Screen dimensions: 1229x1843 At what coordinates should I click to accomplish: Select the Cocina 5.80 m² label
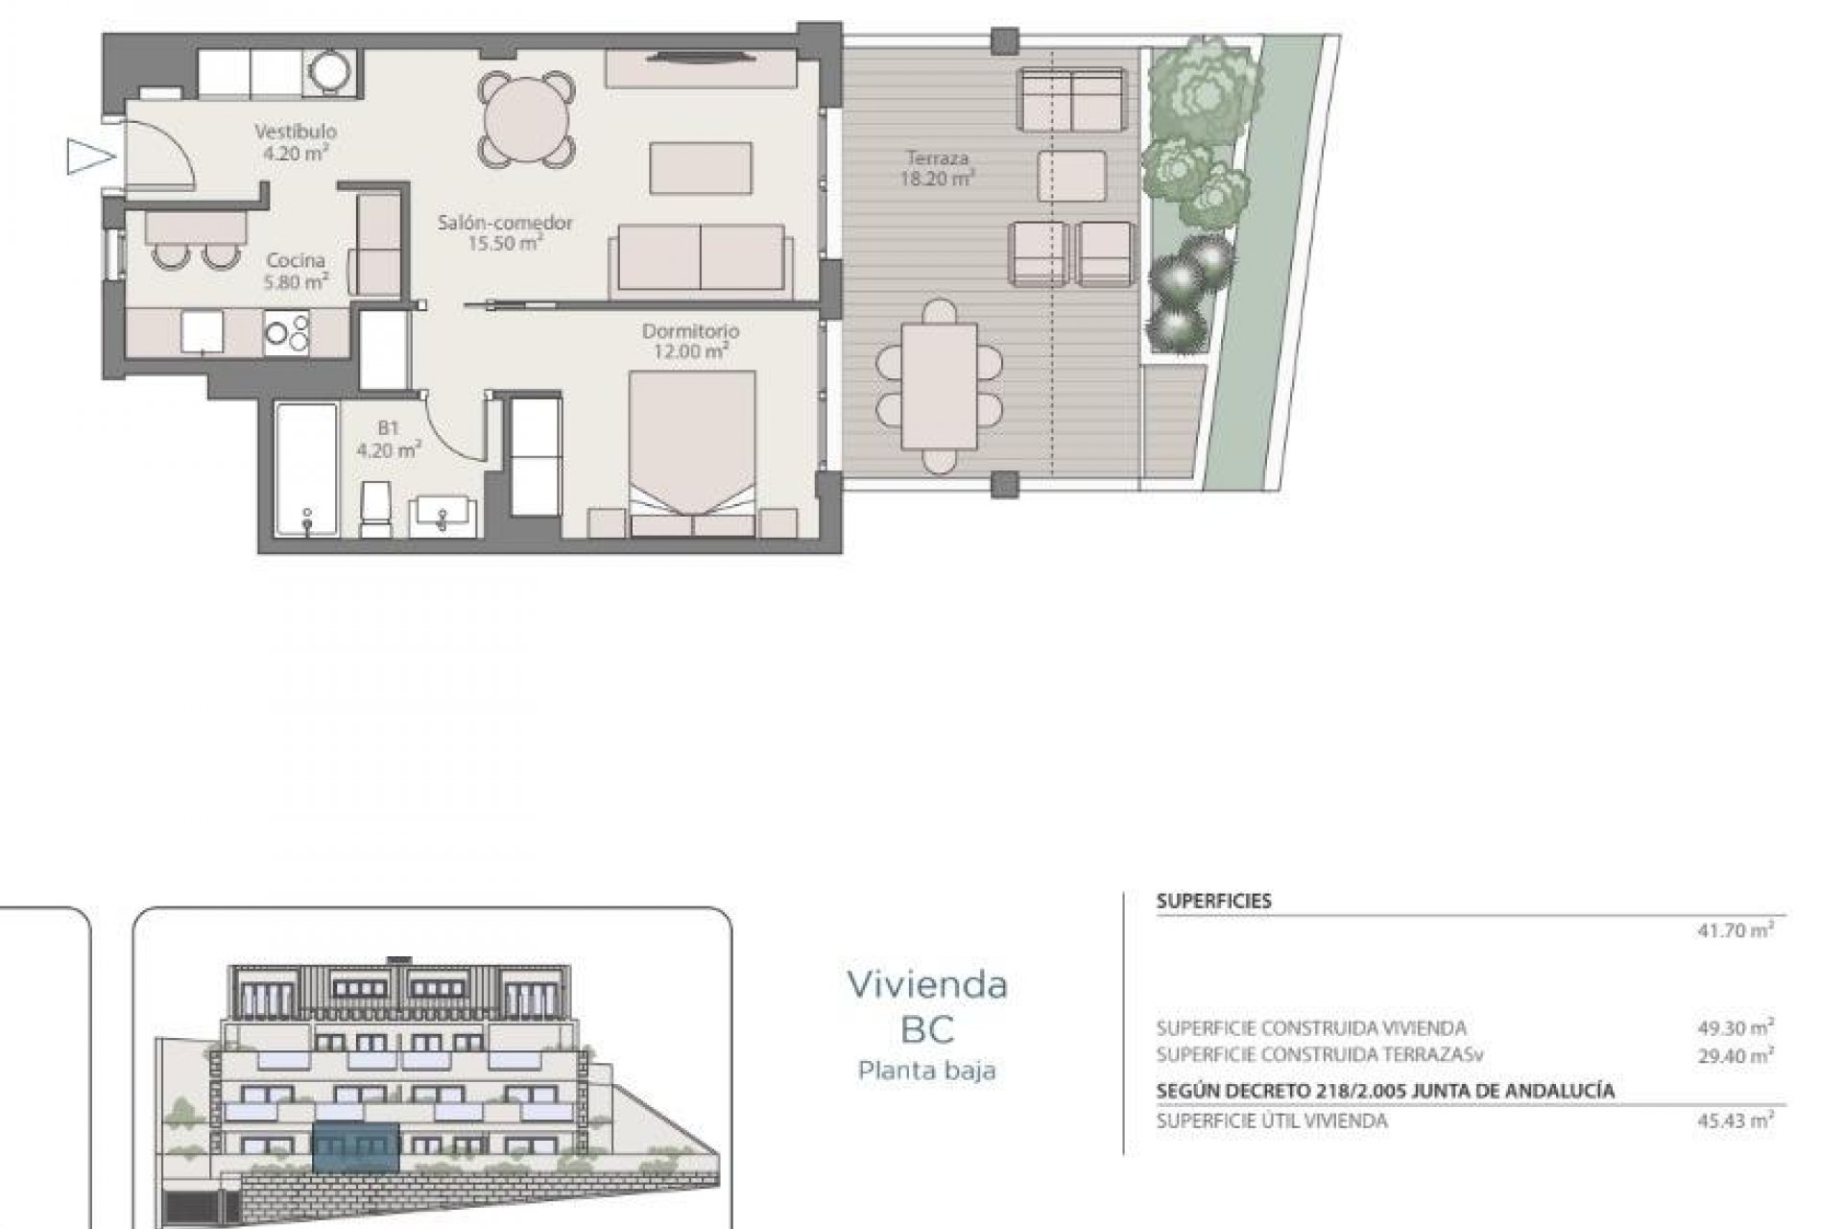click(296, 271)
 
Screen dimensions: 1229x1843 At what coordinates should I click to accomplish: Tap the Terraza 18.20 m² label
click(936, 167)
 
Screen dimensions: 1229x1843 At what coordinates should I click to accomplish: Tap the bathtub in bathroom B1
click(306, 469)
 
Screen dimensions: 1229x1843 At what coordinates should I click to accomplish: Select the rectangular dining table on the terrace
click(939, 384)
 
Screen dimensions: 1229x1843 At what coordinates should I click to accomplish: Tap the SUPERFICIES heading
click(1213, 902)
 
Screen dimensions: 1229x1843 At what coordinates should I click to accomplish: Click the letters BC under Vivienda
click(926, 1029)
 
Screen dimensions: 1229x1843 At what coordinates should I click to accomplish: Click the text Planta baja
click(926, 1070)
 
